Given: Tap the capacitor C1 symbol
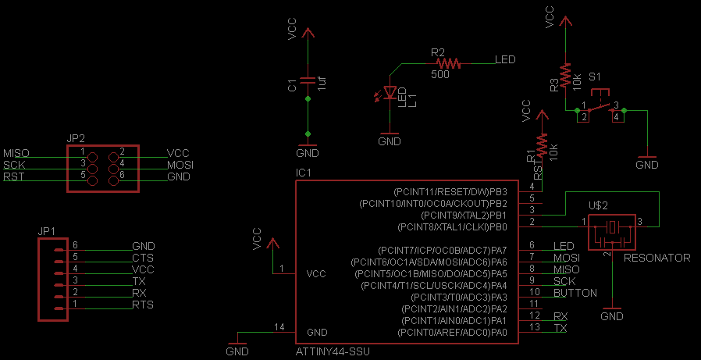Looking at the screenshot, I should coord(308,80).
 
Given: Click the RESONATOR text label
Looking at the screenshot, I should coord(657,258).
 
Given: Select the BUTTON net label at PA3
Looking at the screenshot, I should coord(575,293).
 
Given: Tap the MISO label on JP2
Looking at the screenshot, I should coord(16,153).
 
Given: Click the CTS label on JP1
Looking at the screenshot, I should coord(143,258).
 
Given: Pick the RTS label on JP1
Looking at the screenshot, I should coord(143,305).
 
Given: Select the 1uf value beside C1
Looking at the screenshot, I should coord(322,84).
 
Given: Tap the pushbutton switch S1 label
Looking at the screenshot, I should coord(595,77).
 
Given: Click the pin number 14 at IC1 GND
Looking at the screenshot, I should coord(280,326).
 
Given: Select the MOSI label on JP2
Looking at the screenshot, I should coord(180,166).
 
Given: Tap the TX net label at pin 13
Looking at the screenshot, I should coord(560,328).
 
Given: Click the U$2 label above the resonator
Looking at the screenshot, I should coord(599,206).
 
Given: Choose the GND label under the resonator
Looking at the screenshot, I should coord(612,316).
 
